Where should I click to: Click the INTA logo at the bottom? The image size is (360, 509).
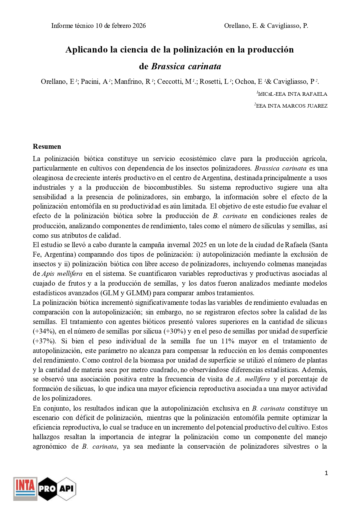coord(25,489)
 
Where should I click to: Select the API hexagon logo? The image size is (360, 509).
coord(66,489)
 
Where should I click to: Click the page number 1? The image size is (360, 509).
coord(326,473)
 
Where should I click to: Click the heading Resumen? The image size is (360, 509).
coord(47,146)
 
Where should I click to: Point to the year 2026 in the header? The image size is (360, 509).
coord(139,26)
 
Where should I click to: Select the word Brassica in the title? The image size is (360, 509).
coord(168,66)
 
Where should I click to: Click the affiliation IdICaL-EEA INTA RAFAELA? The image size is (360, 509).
coord(292,94)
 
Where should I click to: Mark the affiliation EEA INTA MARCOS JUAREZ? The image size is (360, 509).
coord(292,106)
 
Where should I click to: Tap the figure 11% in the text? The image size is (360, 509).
coord(228,341)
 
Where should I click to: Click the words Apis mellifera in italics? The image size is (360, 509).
coord(62,273)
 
